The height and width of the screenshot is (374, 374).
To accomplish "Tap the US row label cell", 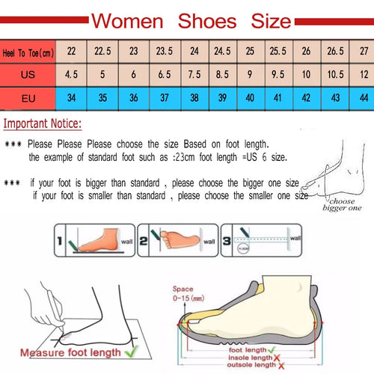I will [x=28, y=74].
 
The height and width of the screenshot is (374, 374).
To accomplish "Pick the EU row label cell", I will [x=28, y=98].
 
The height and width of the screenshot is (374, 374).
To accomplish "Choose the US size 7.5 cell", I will [x=193, y=74].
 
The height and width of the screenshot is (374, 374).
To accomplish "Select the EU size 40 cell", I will [x=250, y=98].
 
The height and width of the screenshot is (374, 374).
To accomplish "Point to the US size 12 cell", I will [x=363, y=74].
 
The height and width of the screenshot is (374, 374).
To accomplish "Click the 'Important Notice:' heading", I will [x=43, y=123].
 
